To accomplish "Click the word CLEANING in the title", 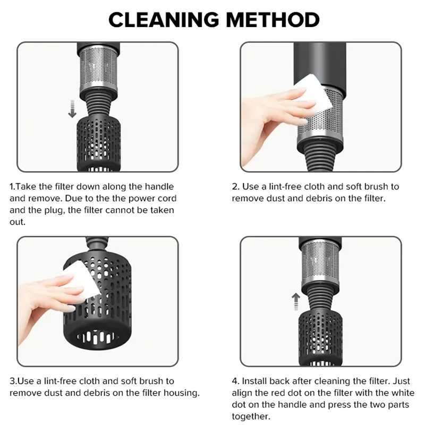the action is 164,20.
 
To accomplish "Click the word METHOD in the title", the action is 273,20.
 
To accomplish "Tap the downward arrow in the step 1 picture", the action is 72,109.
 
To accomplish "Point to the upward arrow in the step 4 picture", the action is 296,302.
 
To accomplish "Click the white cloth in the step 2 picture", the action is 314,91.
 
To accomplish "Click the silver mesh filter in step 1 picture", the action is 99,69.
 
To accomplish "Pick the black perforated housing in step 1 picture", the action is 99,143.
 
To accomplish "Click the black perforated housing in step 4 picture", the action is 320,337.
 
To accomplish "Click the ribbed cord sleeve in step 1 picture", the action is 99,105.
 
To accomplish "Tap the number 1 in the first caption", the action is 12,186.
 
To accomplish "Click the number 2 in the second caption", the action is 235,186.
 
